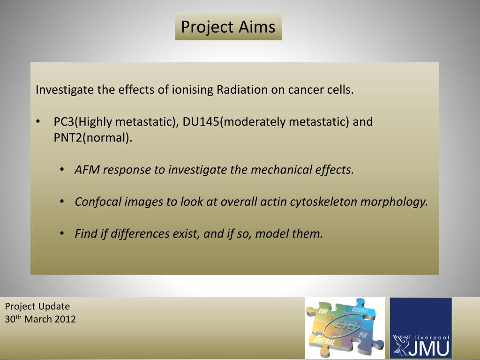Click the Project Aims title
[x=228, y=27]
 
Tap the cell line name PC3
[x=64, y=122]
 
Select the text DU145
[x=201, y=122]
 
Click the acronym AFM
[x=87, y=170]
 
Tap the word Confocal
[x=98, y=202]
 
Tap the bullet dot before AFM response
[x=62, y=170]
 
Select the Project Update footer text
[x=37, y=307]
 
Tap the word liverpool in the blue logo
[x=432, y=337]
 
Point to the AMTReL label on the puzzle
[x=324, y=341]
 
